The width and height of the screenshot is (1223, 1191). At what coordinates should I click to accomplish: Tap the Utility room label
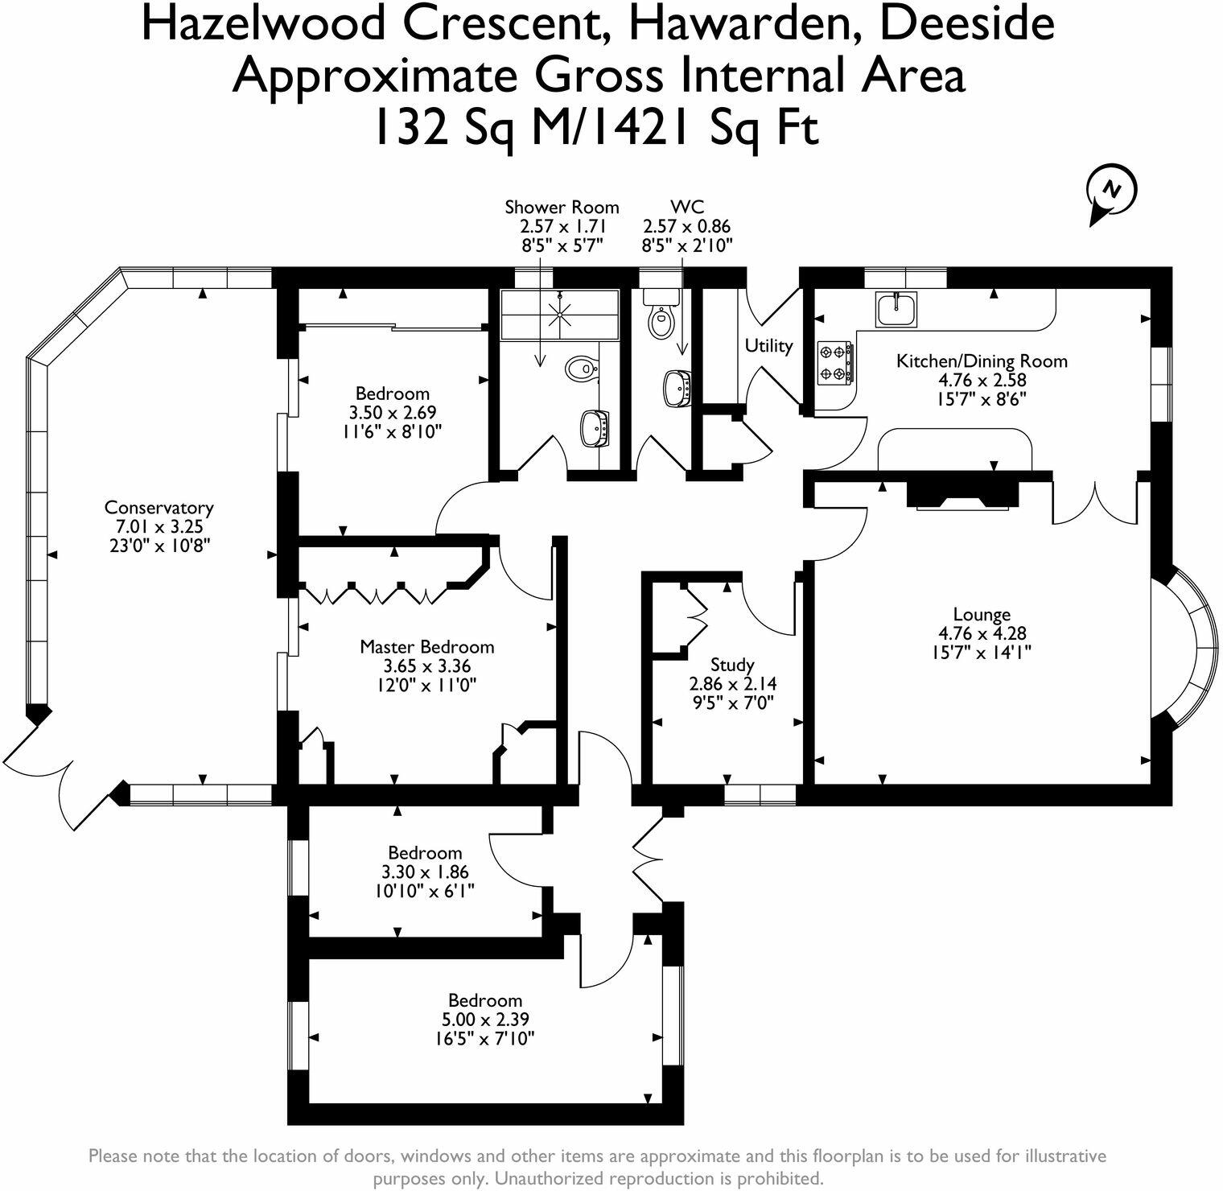768,345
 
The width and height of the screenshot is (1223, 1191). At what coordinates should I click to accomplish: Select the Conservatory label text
159,508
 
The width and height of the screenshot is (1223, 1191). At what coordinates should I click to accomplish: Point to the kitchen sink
896,309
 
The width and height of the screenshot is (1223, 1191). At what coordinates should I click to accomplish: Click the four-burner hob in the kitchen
835,362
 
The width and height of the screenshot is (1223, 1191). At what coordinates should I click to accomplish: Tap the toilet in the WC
661,317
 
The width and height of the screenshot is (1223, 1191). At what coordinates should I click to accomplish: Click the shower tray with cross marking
560,314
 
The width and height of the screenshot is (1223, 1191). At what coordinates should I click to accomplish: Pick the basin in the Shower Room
597,427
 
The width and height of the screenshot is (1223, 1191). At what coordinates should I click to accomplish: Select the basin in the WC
678,389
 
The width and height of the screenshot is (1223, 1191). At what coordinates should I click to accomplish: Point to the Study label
732,665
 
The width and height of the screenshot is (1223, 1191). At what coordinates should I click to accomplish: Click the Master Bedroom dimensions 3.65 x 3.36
427,666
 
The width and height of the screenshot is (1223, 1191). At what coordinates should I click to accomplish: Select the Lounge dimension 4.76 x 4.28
982,633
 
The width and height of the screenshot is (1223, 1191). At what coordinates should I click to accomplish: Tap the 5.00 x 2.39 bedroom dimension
484,1020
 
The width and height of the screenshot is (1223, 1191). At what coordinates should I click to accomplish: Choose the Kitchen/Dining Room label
982,361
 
